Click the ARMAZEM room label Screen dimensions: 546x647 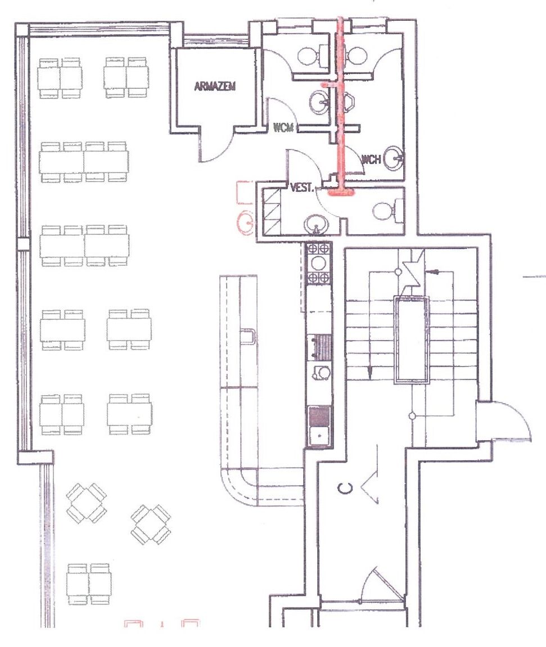pos(215,86)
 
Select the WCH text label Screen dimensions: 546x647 pos(371,159)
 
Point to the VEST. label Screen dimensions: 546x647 pos(302,188)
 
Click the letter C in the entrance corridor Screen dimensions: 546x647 pos(345,488)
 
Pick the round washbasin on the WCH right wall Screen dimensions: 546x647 pos(394,157)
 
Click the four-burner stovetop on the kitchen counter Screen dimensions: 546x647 pos(319,263)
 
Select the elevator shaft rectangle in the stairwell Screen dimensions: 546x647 pos(412,340)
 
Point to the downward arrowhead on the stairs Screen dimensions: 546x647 pos(370,373)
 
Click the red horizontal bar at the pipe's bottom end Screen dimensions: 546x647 pos(341,192)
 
